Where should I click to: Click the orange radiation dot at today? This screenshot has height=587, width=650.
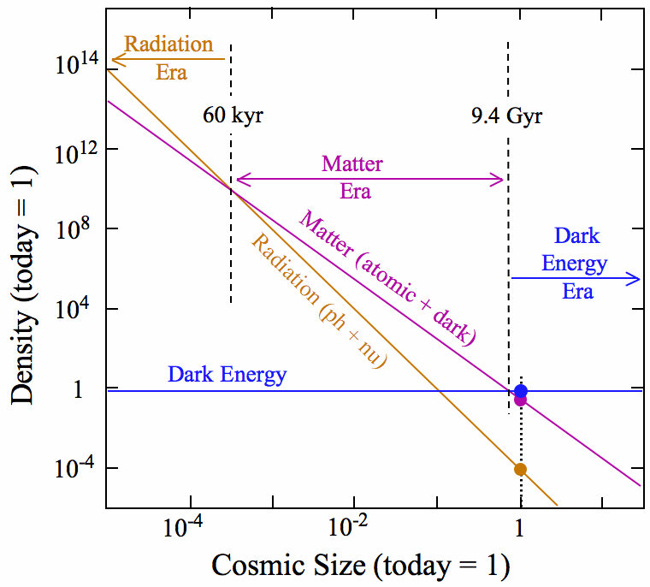click(x=520, y=469)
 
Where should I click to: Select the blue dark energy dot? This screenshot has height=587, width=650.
click(x=521, y=391)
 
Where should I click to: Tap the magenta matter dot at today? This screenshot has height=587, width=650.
click(x=520, y=399)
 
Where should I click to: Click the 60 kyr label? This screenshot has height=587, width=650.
click(x=233, y=115)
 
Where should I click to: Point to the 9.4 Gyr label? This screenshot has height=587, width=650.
click(x=506, y=115)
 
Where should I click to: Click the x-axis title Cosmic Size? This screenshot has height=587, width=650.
click(x=360, y=565)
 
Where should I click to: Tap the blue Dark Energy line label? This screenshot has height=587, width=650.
click(x=227, y=374)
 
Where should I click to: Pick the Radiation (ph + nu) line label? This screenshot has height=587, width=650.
click(x=318, y=300)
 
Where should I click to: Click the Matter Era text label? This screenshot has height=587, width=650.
click(x=353, y=176)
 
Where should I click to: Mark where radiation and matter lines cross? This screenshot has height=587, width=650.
click(x=232, y=188)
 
